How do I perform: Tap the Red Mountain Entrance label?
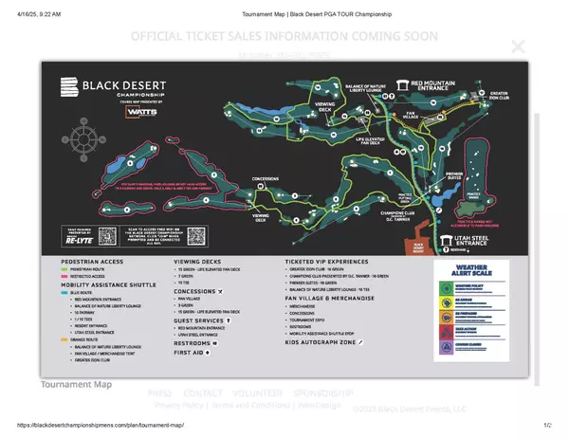click(x=443, y=84)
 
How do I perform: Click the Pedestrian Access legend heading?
click(x=92, y=260)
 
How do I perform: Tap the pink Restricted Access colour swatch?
click(x=65, y=277)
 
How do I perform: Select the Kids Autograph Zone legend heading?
click(x=322, y=342)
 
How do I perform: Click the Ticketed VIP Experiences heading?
click(x=339, y=260)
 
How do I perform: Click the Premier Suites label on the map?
click(x=453, y=175)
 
